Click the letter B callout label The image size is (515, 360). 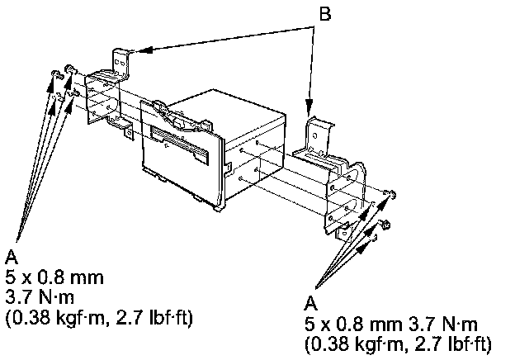click(x=325, y=14)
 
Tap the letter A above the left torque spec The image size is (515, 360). click(x=12, y=257)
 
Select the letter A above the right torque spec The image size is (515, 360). click(x=310, y=303)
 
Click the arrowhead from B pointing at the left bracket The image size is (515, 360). click(x=144, y=50)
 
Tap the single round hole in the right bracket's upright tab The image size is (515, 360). click(x=314, y=135)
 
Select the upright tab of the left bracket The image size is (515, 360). click(x=120, y=64)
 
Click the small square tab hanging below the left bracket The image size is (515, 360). click(x=129, y=133)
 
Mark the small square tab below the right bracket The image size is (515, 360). click(x=342, y=232)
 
